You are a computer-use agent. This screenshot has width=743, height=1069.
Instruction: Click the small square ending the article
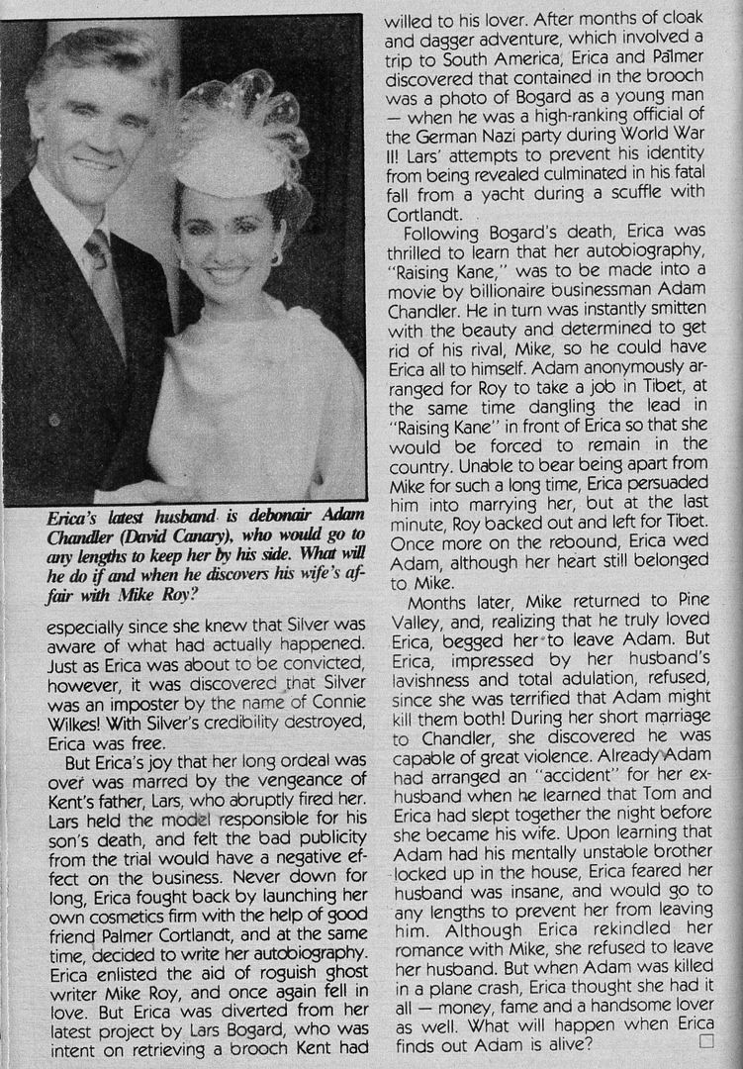point(705,1040)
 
